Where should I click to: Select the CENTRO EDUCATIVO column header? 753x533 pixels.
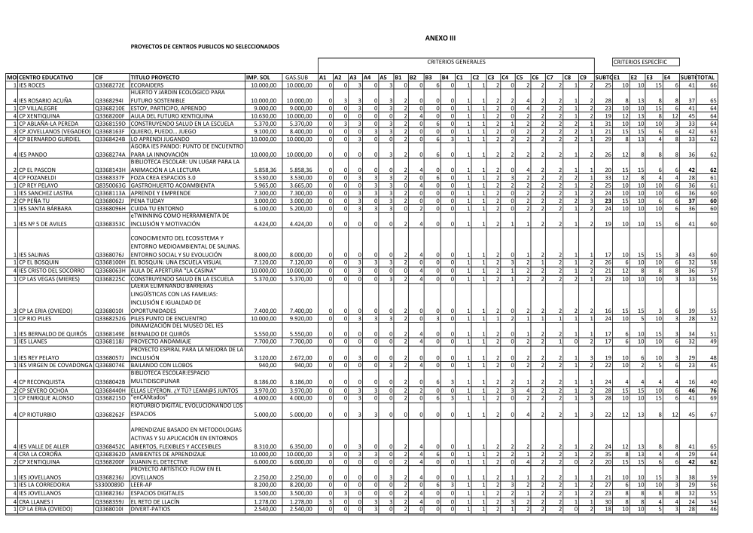coord(45,78)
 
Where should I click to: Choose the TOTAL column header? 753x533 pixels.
coord(706,78)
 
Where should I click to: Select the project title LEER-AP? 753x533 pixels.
coord(142,482)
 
